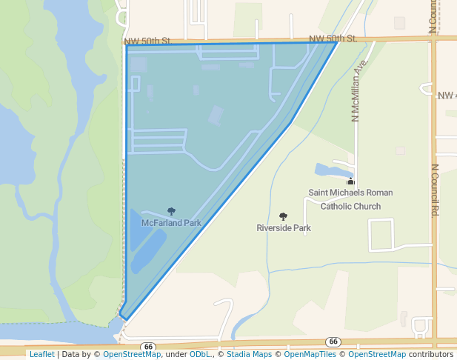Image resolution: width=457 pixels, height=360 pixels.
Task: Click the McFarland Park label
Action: click(x=172, y=222)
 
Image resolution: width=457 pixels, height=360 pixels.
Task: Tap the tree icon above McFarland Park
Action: click(x=172, y=211)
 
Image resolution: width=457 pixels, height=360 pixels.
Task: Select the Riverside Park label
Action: click(x=284, y=227)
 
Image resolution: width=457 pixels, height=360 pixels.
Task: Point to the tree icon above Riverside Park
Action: click(x=283, y=216)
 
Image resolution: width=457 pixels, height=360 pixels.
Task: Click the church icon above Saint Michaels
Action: click(x=350, y=181)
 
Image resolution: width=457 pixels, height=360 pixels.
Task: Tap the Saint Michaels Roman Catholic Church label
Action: click(x=350, y=199)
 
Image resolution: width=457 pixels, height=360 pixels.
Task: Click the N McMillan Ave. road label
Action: click(x=358, y=90)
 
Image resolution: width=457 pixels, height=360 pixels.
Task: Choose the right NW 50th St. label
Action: click(x=333, y=38)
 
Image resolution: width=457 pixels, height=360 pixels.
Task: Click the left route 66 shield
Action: click(x=149, y=346)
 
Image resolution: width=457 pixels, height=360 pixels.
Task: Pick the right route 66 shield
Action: click(x=333, y=341)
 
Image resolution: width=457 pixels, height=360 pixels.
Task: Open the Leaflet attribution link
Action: click(x=41, y=354)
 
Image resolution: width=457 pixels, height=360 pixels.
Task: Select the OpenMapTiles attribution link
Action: click(x=310, y=354)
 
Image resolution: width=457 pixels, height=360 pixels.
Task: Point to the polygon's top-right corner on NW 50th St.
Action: click(x=338, y=42)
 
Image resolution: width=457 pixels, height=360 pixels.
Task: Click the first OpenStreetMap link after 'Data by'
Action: click(x=132, y=354)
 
